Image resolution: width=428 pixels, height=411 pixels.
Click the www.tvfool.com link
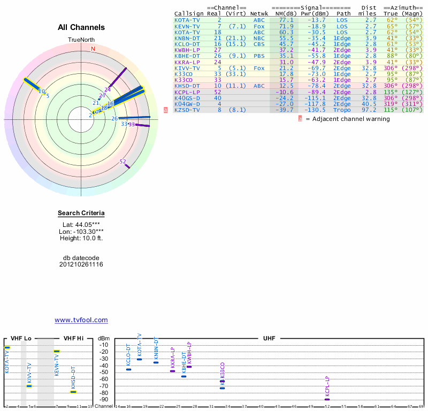tap(81, 320)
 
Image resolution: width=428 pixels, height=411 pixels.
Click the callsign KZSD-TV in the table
tap(187, 110)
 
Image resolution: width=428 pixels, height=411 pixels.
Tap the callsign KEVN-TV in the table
tap(187, 26)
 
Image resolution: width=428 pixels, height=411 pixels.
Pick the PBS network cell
tap(259, 56)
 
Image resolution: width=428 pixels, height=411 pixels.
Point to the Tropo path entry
tap(343, 110)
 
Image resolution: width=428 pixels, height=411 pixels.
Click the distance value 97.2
tap(371, 110)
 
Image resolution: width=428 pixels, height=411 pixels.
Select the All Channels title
tap(81, 27)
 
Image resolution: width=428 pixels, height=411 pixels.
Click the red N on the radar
tap(93, 49)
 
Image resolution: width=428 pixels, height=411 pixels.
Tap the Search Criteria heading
tap(81, 214)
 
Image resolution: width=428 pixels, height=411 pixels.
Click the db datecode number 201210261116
tap(81, 264)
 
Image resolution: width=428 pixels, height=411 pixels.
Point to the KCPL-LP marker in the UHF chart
tap(327, 399)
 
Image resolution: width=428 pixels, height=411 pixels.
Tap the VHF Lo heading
tap(21, 338)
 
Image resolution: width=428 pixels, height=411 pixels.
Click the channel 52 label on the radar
tap(123, 162)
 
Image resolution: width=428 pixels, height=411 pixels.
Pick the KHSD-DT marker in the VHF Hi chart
tap(73, 392)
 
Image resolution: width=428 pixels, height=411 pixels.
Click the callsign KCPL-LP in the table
tap(187, 92)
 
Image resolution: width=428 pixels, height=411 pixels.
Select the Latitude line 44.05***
tap(81, 225)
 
